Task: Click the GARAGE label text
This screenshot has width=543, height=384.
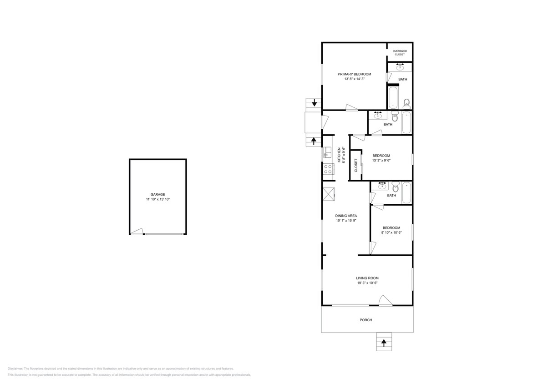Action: point(158,194)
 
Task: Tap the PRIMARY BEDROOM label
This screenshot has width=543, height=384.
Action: point(354,74)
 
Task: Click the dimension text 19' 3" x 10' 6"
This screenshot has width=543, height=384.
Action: point(367,283)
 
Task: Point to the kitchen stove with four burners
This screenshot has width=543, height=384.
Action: point(328,169)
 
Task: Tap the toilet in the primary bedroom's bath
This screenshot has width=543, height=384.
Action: point(406,103)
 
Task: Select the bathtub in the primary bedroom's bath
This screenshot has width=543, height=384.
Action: point(393,97)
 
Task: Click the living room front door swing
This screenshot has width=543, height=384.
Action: point(385,301)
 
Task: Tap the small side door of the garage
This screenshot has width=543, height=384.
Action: point(136,232)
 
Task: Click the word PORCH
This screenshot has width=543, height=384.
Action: point(366,320)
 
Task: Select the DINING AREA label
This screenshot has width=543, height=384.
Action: point(346,216)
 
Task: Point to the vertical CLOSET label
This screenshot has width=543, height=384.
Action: point(356,165)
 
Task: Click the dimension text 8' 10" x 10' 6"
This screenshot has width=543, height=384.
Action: point(391,232)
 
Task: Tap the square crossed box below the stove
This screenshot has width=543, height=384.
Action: point(328,194)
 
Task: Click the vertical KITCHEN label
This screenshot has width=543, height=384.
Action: point(339,155)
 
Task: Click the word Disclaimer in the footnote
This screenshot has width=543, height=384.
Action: point(15,369)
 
